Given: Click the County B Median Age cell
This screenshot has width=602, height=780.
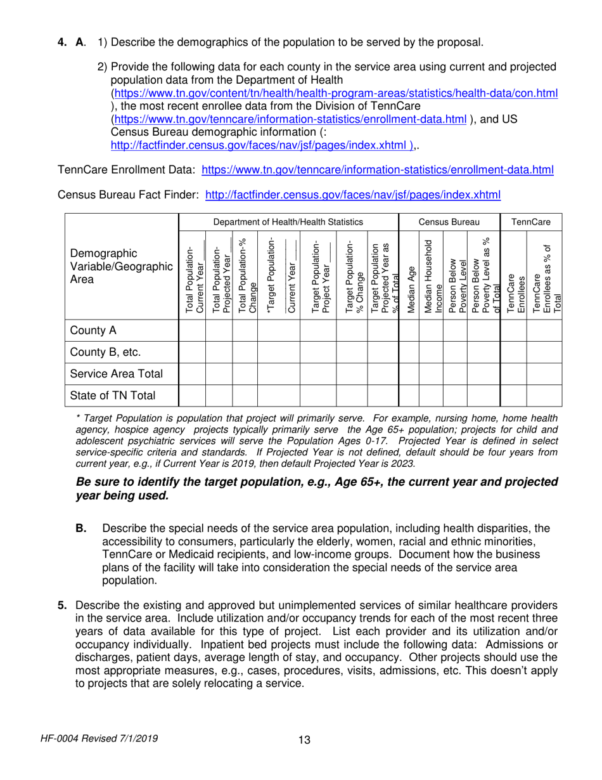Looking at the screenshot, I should pos(409,352).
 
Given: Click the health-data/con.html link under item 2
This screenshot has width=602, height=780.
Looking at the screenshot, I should pos(335,93).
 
